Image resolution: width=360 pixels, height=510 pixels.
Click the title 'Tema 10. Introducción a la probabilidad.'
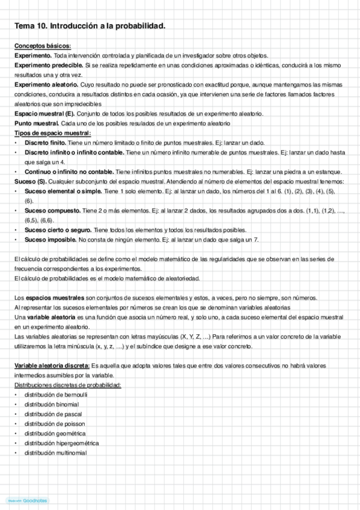[x=90, y=26]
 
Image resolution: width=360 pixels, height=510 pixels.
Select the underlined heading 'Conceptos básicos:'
[x=42, y=46]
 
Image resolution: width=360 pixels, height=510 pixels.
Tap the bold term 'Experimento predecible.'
[x=49, y=64]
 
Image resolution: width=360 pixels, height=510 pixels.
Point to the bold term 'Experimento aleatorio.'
[x=46, y=85]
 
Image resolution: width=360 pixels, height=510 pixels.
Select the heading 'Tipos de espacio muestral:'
[x=52, y=133]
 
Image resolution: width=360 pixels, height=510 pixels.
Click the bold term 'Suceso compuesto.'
[x=52, y=210]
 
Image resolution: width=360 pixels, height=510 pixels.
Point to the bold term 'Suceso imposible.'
[x=50, y=239]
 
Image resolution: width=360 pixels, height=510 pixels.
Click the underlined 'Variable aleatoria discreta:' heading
[x=52, y=365]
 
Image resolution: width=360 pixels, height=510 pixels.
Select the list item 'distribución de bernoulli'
[x=55, y=395]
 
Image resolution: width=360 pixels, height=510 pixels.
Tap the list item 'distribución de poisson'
[x=53, y=423]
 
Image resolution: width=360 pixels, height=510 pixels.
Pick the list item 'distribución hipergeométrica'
[x=61, y=443]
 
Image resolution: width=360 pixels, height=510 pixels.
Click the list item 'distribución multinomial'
[x=55, y=452]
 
